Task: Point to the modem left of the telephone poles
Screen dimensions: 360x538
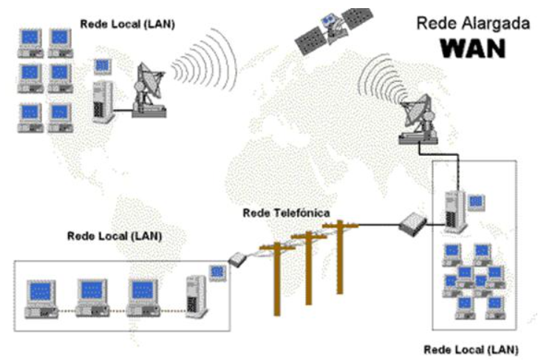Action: pyautogui.click(x=237, y=259)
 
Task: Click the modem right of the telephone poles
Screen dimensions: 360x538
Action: pyautogui.click(x=411, y=224)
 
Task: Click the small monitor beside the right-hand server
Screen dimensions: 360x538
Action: pyautogui.click(x=477, y=200)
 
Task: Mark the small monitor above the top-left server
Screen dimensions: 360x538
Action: pyautogui.click(x=102, y=66)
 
